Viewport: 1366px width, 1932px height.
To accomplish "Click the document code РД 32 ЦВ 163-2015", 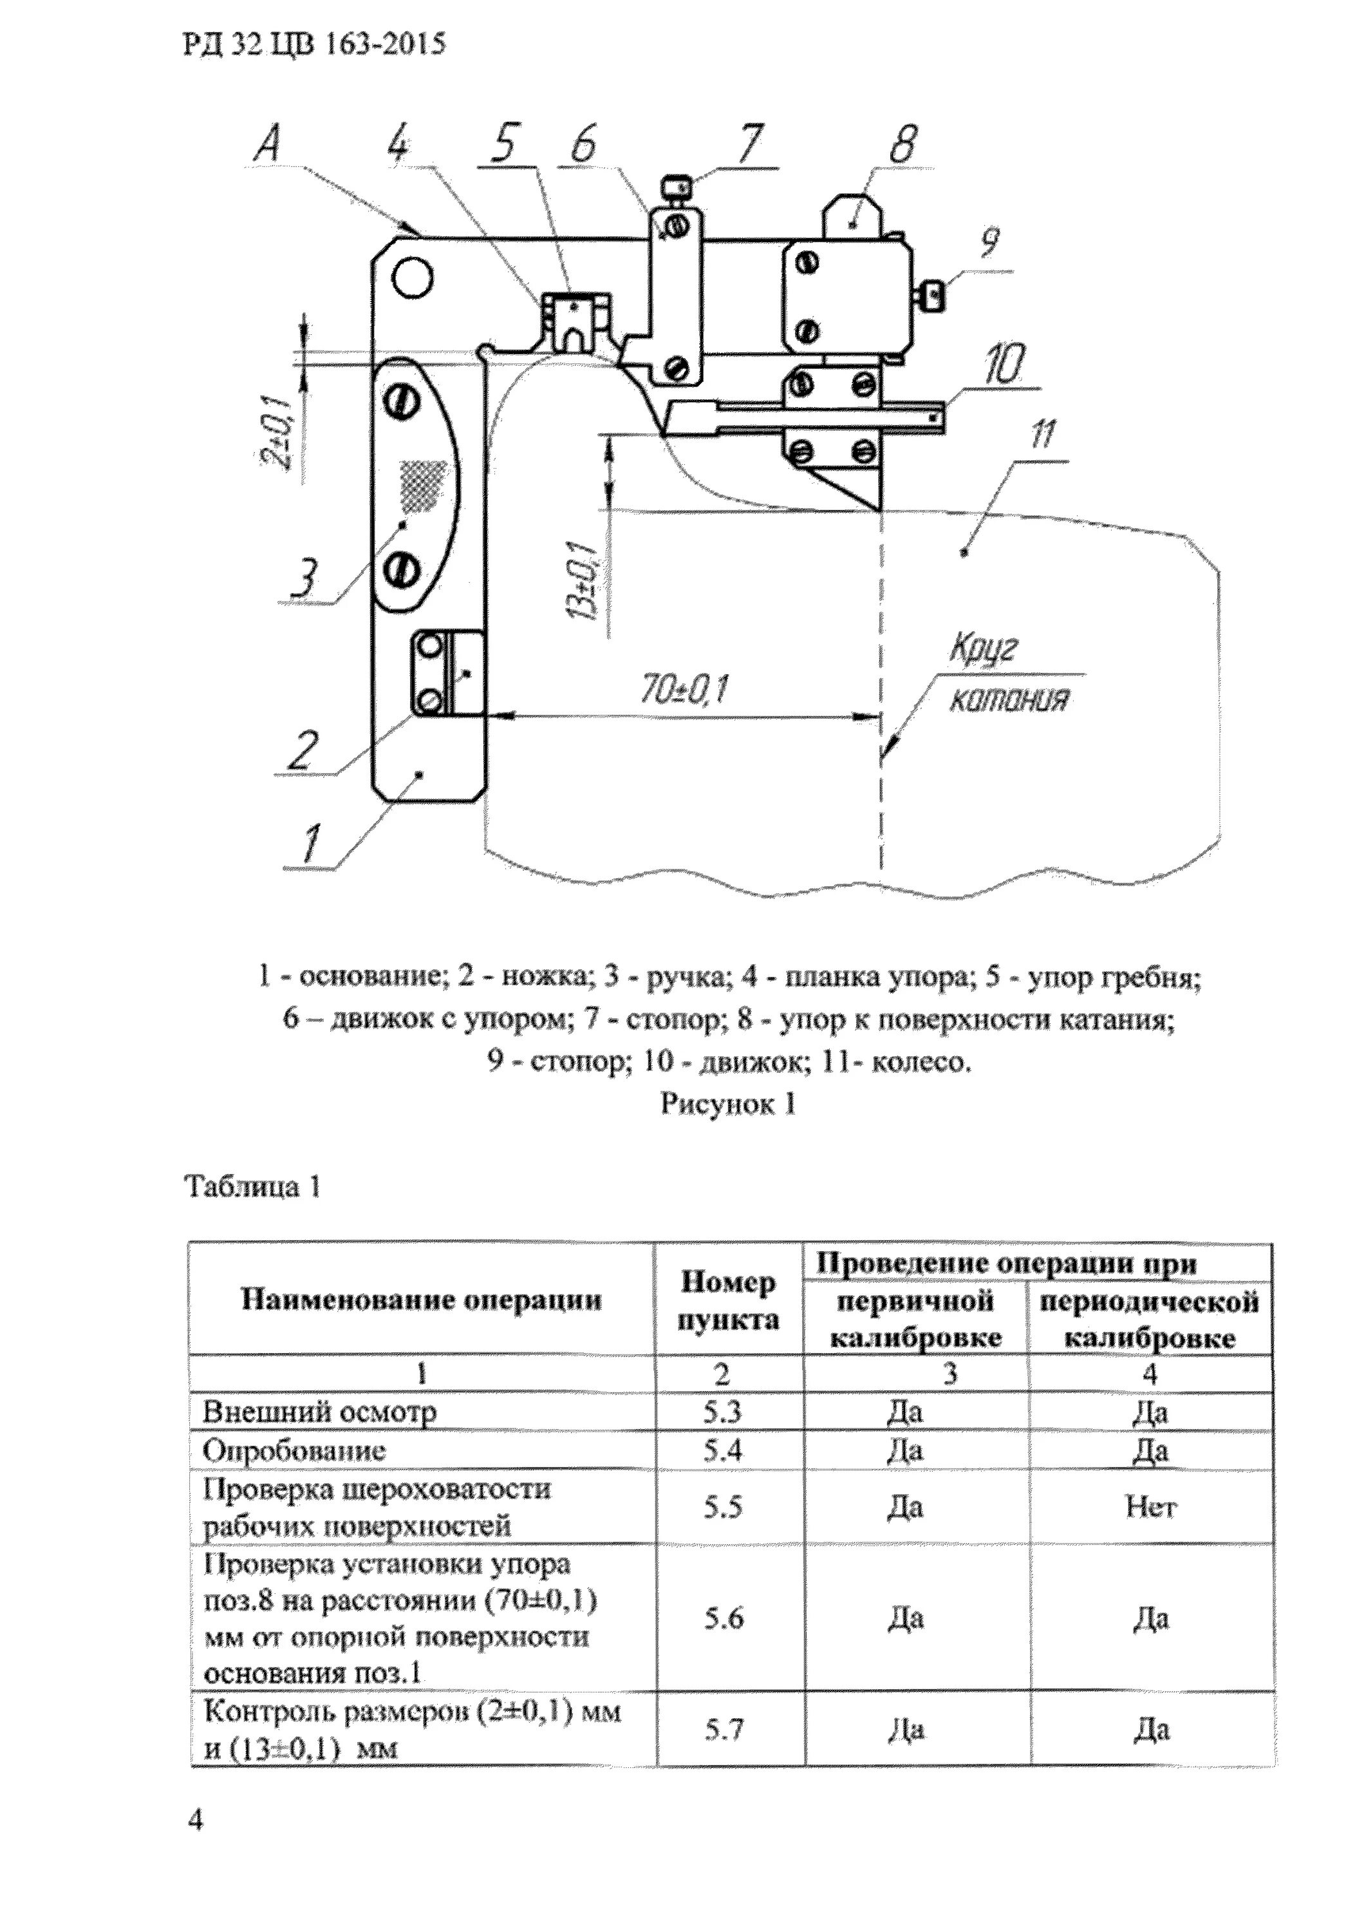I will point(313,44).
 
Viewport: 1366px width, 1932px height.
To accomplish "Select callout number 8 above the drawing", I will point(902,145).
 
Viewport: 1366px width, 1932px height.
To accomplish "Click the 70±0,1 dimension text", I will point(684,692).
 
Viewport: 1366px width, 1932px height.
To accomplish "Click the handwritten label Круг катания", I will point(1007,674).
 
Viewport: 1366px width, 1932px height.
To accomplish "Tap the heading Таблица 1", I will point(252,1188).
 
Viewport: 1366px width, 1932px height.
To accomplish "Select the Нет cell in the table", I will point(1150,1507).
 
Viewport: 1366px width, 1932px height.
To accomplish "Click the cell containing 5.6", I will point(724,1618).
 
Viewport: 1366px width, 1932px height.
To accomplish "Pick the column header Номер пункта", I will point(729,1301).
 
